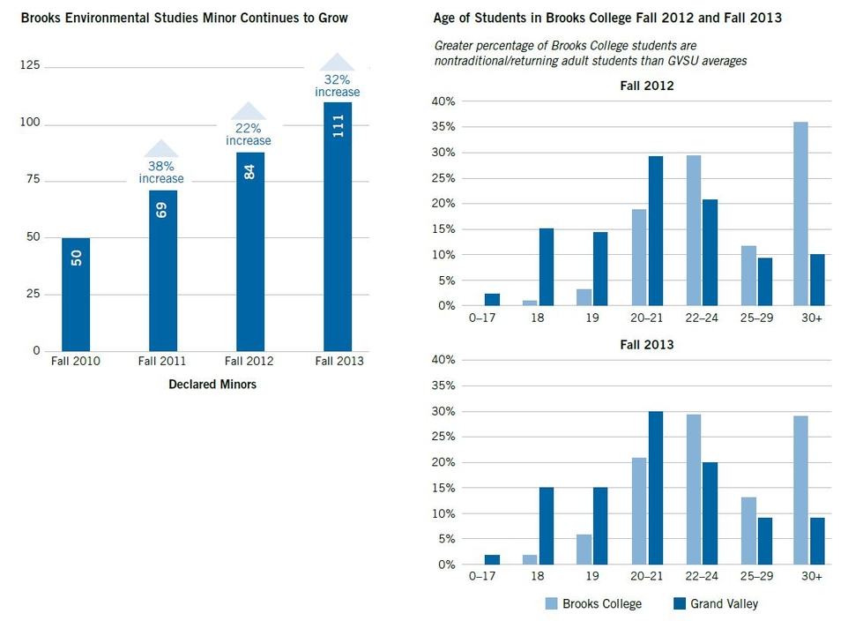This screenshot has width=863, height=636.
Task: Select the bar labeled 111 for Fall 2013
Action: [338, 226]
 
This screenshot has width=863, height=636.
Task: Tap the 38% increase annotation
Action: [161, 172]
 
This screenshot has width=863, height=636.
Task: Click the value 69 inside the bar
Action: [162, 211]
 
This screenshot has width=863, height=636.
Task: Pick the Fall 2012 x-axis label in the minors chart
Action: [249, 361]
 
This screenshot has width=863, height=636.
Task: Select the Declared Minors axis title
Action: [212, 385]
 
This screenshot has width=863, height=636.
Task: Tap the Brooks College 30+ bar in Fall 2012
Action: [800, 213]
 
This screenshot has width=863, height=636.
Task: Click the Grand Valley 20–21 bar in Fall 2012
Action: [656, 230]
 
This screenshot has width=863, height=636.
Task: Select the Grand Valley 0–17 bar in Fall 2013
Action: [492, 559]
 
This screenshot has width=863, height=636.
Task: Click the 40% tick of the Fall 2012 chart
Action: [443, 102]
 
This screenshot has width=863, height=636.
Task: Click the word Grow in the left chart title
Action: [334, 18]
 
